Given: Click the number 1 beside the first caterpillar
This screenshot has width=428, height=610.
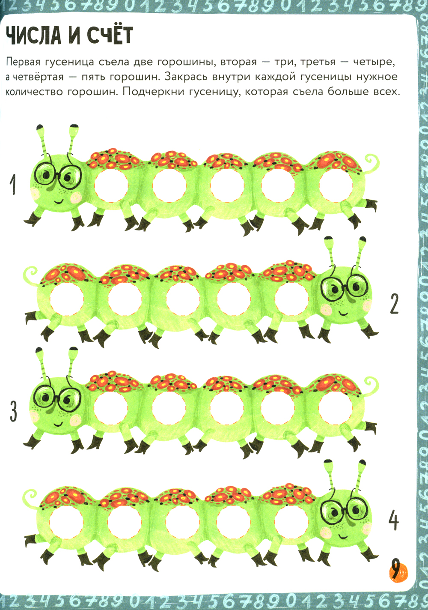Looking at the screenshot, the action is point(12,185).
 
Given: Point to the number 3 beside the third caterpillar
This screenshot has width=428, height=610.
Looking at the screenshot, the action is point(13,412).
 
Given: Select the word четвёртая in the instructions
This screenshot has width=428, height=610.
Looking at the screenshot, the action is point(37,77).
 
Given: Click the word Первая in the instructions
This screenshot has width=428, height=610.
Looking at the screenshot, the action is point(22,63).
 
